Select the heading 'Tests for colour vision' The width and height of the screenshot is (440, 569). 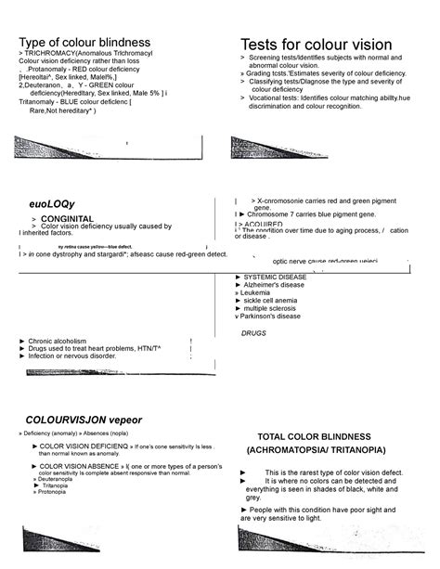tap(316, 45)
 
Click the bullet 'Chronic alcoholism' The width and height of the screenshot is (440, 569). tap(57, 341)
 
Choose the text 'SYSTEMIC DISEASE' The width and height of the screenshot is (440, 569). tap(275, 277)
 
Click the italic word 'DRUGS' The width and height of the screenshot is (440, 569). tap(253, 332)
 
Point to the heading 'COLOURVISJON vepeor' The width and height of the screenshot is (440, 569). tap(84, 420)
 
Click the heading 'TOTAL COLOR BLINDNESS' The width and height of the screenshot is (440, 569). tap(320, 436)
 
